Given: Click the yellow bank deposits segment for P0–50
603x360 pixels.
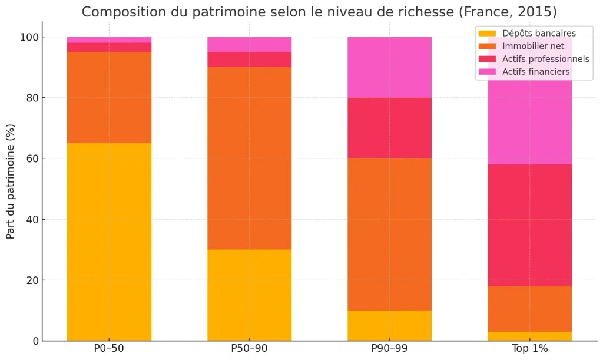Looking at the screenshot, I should (109, 242).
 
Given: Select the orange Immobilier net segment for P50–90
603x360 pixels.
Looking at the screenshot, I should (249, 158).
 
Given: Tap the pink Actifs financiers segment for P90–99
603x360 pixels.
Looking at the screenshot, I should (389, 67).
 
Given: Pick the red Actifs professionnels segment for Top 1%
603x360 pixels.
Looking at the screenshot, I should (529, 225).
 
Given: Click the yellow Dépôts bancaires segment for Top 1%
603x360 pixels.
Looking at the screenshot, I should (529, 336).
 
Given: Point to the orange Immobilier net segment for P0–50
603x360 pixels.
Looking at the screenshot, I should (109, 97).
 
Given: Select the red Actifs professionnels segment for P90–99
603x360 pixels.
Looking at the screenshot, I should (389, 128).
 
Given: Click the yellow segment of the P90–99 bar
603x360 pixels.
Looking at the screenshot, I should (389, 325).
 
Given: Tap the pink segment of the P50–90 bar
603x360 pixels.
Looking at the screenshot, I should (249, 45).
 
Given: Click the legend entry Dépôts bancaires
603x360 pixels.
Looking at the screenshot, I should (539, 34).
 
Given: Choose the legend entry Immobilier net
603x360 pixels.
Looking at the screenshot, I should (533, 46).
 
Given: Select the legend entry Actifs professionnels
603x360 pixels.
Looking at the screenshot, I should (545, 59).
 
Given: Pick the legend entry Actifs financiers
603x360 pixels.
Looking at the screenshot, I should (536, 72).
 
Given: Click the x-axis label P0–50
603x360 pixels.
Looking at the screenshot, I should (109, 349).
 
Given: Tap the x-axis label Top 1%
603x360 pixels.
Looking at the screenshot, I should (529, 349).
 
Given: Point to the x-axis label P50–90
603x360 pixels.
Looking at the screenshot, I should (249, 349).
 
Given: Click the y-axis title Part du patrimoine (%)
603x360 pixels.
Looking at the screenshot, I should (11, 181).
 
